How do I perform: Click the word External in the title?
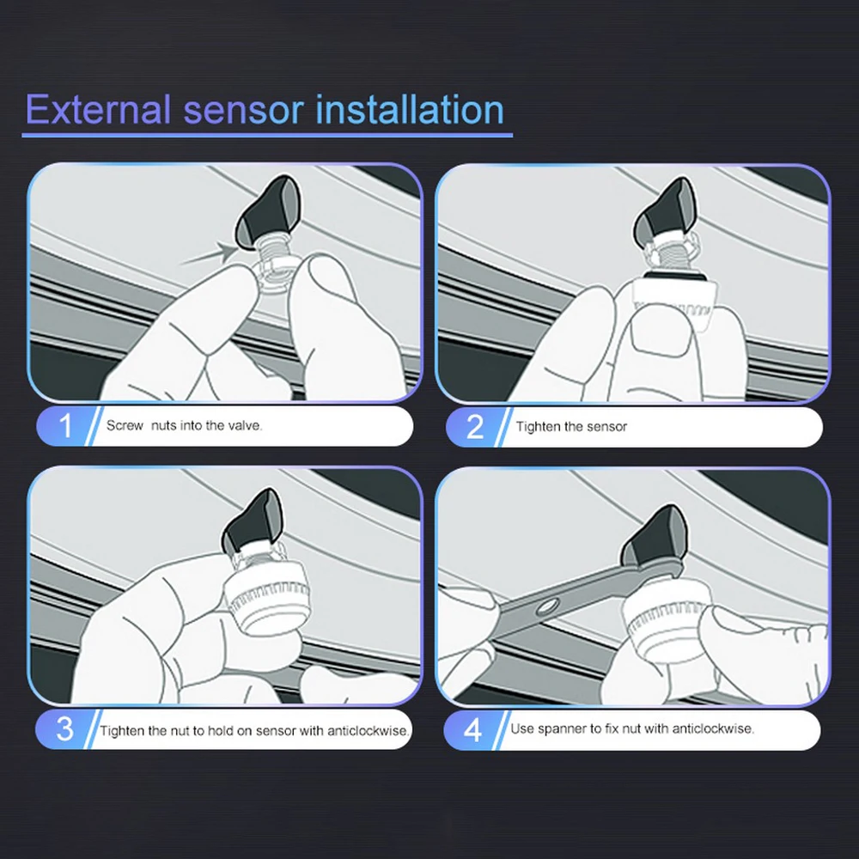coord(98,110)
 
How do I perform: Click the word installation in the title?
coord(410,110)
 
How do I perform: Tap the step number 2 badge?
coord(475,427)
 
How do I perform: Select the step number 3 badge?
coord(64,729)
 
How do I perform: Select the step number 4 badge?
coord(472,730)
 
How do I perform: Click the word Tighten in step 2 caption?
coord(537,427)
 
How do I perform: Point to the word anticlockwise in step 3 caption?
coord(369,731)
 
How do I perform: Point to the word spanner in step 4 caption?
coord(562,729)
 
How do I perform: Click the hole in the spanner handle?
coord(548,606)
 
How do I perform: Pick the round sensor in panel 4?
coord(669,615)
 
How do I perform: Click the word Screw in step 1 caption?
coord(125,426)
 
